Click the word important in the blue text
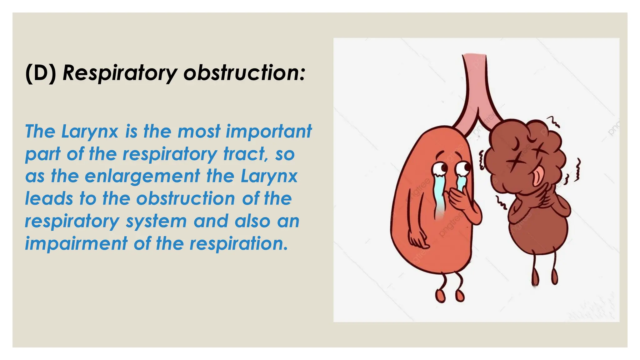[x=269, y=131]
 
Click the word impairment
[x=76, y=243]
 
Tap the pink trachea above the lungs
[x=474, y=87]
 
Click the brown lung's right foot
[x=554, y=276]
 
